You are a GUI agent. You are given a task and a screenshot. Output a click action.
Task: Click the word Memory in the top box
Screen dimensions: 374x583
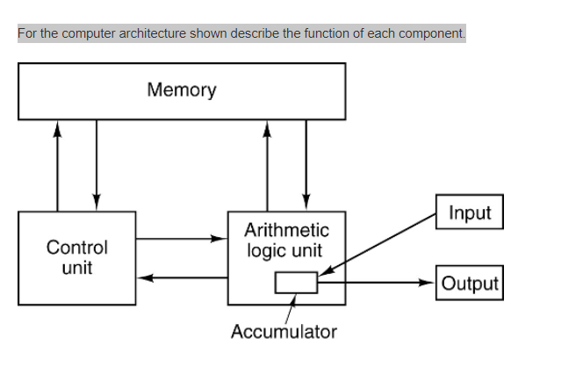182,90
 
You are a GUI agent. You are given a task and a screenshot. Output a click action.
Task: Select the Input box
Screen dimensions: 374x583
470,212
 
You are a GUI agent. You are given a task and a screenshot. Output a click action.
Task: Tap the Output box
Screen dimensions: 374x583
470,283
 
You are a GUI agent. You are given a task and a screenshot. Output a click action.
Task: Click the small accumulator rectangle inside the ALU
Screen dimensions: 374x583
296,283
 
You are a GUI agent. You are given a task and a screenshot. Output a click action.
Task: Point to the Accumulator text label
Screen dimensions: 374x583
284,332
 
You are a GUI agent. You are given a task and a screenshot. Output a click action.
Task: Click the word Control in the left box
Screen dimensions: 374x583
77,248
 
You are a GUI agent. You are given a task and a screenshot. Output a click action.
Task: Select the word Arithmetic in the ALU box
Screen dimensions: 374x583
286,231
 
